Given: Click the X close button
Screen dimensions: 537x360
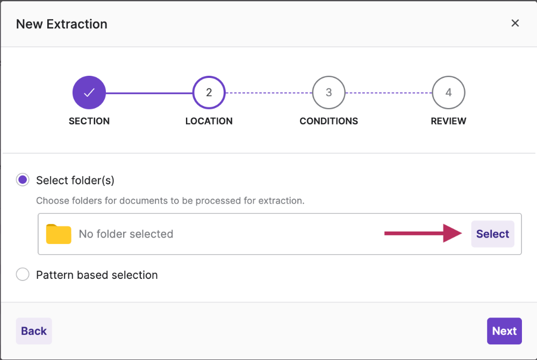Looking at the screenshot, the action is pos(515,23).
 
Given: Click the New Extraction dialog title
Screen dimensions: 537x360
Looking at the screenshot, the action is pos(62,24).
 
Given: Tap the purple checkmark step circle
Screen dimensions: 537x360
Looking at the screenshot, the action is pos(89,92).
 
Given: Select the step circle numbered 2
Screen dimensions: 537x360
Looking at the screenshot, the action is pos(209,92).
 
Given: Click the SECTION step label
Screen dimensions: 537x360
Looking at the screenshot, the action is pos(89,121).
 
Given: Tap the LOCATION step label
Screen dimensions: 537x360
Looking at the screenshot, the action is pos(209,121).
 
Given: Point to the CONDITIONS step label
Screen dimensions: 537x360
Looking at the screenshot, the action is pos(329,121).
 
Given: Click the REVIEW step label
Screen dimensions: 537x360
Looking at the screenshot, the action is pos(449,121).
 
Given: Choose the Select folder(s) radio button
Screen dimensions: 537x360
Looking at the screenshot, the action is pos(23,180).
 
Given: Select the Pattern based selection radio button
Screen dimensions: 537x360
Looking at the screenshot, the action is pos(23,274).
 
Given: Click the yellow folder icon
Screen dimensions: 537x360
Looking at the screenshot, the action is pos(59,234).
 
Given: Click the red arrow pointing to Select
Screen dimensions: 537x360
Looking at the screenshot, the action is pos(423,233).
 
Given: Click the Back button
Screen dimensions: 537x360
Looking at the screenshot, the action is pos(34,331).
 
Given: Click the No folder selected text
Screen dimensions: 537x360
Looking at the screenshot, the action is pos(126,234).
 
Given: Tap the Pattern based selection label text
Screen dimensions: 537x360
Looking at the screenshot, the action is pos(97,275).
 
